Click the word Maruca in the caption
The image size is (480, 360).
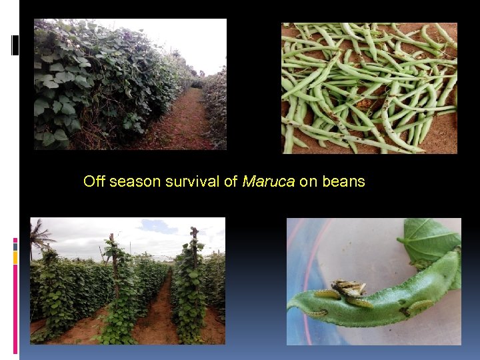(x=269, y=181)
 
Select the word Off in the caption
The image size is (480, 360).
(x=94, y=181)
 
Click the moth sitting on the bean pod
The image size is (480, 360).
(x=349, y=289)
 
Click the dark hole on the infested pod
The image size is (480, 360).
(x=405, y=311)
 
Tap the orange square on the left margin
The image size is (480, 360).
(x=15, y=257)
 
